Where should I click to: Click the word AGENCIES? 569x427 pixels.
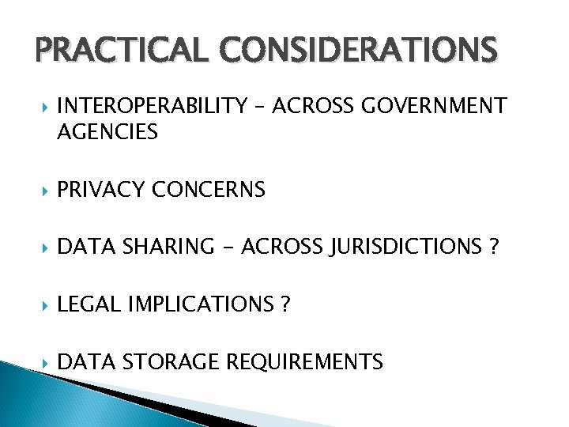tap(107, 132)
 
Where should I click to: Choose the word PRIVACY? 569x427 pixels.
tap(99, 190)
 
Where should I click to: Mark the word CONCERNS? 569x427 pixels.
tap(207, 190)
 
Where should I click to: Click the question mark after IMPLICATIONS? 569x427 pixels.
tap(284, 305)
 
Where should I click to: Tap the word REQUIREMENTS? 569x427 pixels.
tap(305, 362)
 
